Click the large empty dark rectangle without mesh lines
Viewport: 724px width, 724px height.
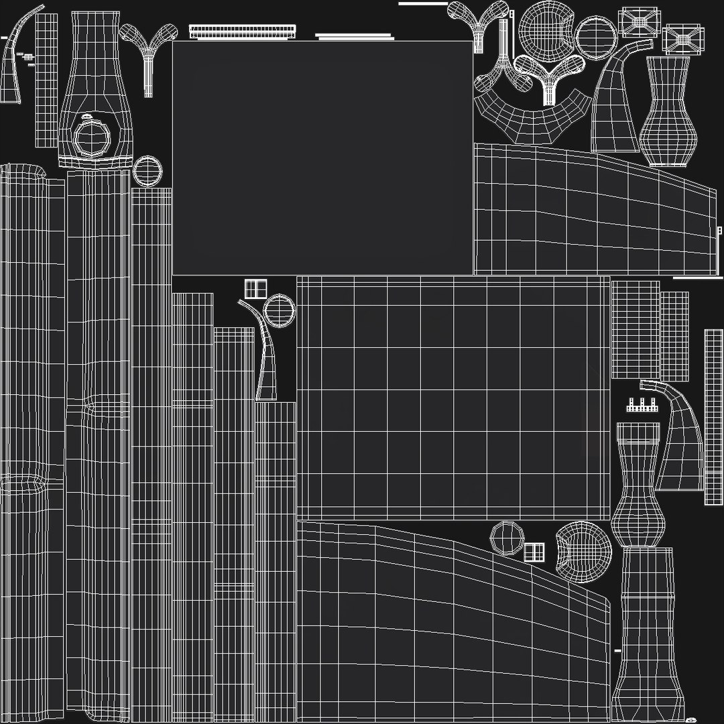(322, 158)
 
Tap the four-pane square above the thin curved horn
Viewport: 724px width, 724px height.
(255, 290)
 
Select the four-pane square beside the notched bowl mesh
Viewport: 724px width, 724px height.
(534, 552)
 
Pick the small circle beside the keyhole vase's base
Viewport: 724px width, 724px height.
(147, 171)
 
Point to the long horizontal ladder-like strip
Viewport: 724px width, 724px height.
(242, 31)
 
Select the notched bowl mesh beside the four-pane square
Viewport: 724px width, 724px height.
(584, 551)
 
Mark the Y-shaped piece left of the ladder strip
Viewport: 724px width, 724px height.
(149, 44)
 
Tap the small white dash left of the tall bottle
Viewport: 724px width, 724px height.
(617, 650)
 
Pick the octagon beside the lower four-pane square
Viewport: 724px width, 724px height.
(507, 537)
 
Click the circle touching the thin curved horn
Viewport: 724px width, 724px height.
(280, 311)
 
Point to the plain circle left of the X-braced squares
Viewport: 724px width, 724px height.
(596, 35)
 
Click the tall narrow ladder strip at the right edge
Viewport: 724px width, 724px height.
(713, 416)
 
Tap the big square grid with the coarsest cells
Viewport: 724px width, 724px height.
(453, 398)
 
